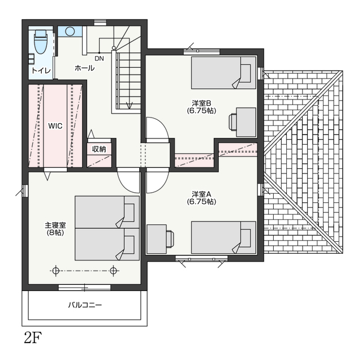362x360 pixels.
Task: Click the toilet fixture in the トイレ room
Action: tap(41, 42)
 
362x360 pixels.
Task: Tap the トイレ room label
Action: tap(41, 71)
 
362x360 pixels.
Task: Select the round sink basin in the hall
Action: tap(70, 31)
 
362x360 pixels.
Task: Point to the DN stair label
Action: tap(100, 59)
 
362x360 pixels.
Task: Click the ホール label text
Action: tap(84, 68)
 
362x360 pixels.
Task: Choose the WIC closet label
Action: tap(55, 126)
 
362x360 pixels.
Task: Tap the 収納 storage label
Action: tap(99, 149)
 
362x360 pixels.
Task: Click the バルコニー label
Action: tap(85, 305)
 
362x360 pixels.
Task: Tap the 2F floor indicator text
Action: tap(33, 338)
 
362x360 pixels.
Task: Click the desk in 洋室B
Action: tap(246, 122)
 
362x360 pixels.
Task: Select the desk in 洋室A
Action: tap(157, 238)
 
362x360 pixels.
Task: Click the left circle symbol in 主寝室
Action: tap(55, 271)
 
